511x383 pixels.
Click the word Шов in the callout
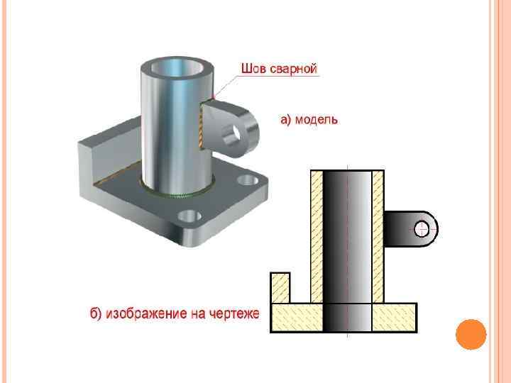point(253,70)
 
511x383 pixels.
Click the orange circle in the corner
point(470,334)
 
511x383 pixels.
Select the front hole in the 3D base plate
point(189,216)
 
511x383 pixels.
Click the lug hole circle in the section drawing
point(422,228)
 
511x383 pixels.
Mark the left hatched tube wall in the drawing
point(316,234)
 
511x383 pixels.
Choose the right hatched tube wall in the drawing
point(378,234)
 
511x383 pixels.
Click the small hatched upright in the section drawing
point(279,287)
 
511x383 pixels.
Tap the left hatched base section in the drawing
point(297,317)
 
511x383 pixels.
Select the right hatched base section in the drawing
point(394,317)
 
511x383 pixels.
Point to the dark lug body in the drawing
point(402,228)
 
